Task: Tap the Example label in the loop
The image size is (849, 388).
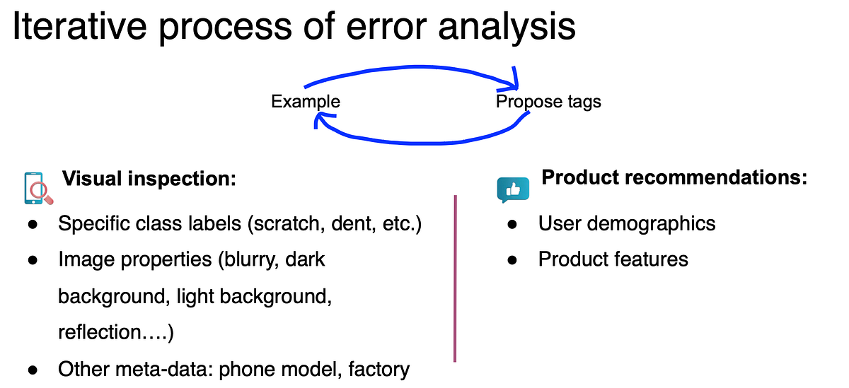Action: pyautogui.click(x=306, y=102)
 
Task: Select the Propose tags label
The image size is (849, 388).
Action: pyautogui.click(x=548, y=102)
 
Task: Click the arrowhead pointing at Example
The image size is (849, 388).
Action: pyautogui.click(x=320, y=123)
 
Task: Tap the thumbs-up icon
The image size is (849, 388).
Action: pyautogui.click(x=513, y=189)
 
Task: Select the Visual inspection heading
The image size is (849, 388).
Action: pyautogui.click(x=149, y=180)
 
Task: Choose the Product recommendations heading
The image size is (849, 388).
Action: pyautogui.click(x=674, y=177)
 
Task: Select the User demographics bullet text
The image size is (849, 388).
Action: pyautogui.click(x=627, y=224)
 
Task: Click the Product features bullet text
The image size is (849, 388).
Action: pyautogui.click(x=613, y=259)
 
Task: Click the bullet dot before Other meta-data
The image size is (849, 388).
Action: pyautogui.click(x=33, y=370)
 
